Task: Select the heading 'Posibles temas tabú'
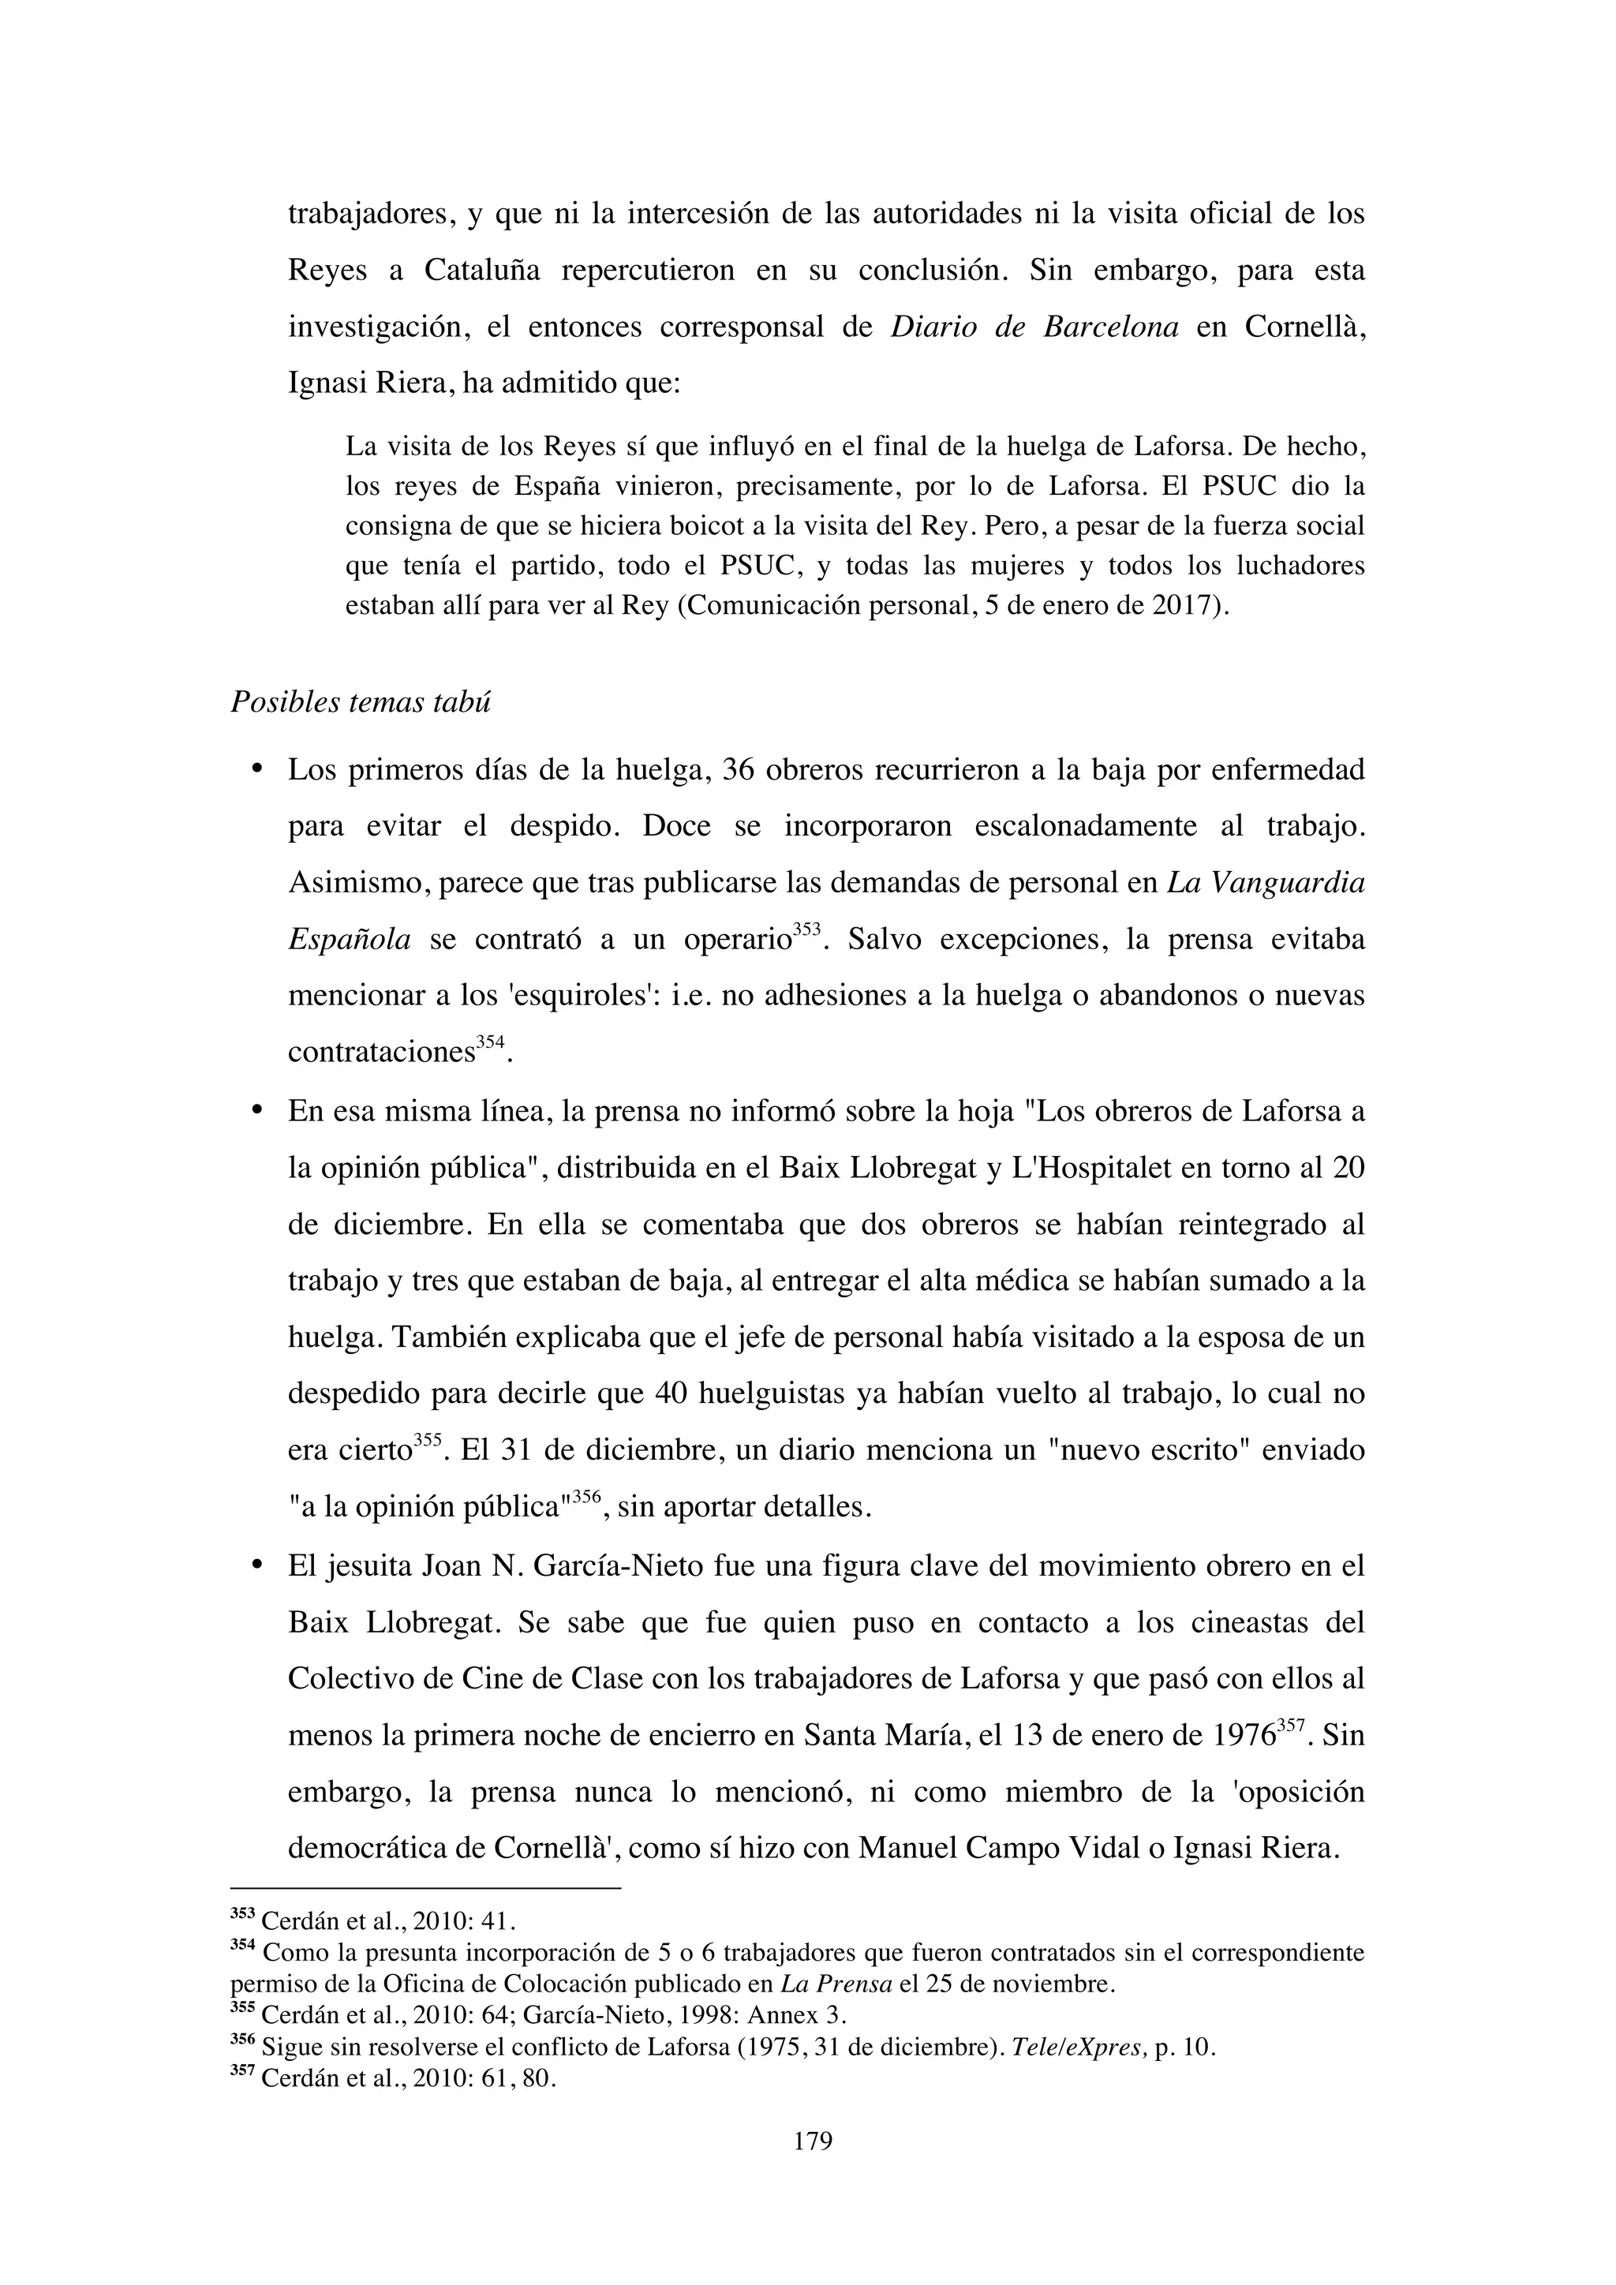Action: point(361,701)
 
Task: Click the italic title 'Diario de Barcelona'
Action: point(1034,327)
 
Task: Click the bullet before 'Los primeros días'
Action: point(256,769)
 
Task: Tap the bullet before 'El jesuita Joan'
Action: point(256,1565)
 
